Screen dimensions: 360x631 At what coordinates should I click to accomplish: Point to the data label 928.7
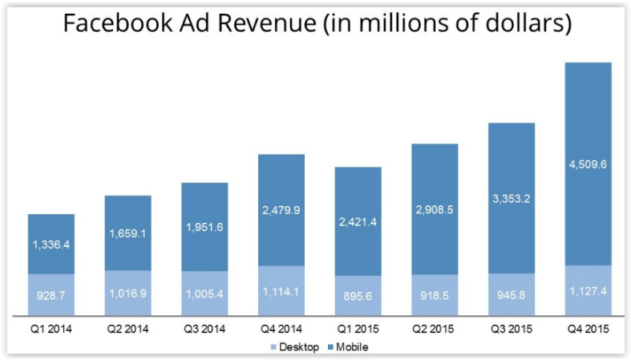pos(51,295)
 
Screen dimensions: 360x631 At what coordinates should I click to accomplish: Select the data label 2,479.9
pos(281,211)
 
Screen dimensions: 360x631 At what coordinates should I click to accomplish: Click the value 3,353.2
pos(512,199)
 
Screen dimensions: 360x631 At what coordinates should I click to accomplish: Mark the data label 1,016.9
pos(127,293)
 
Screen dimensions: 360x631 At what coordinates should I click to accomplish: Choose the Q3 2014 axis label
pos(205,329)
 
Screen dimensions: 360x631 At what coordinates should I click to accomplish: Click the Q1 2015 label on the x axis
pos(358,329)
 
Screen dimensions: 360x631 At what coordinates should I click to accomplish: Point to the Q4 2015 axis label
pos(589,329)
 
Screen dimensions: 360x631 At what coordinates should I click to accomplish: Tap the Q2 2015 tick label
pos(435,329)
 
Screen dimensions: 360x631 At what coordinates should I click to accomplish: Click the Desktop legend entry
pos(297,346)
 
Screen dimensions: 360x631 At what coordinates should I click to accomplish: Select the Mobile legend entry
pos(348,346)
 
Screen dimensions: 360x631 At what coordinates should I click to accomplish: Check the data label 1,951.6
pos(205,227)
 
